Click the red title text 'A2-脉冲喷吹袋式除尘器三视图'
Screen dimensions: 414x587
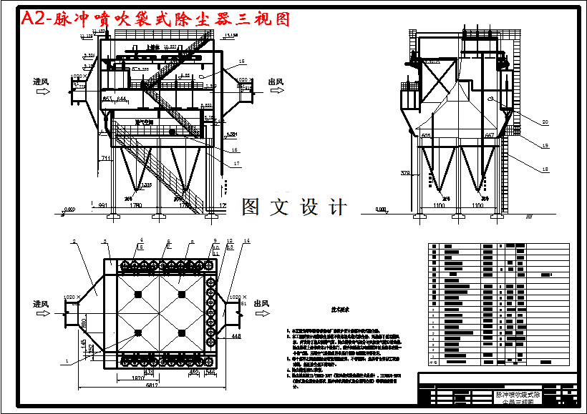[156, 19]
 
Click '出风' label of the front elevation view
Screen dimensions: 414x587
[276, 82]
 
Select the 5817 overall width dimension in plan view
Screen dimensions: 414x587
[152, 386]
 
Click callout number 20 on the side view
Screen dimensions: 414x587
[545, 122]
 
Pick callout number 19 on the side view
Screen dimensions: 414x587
[545, 146]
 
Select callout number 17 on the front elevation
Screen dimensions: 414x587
[236, 164]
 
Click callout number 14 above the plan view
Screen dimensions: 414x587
[246, 241]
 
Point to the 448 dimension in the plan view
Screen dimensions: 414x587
[236, 335]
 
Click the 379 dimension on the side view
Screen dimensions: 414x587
[406, 172]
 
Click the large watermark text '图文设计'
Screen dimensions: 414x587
[294, 207]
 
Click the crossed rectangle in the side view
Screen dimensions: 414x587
[437, 80]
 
